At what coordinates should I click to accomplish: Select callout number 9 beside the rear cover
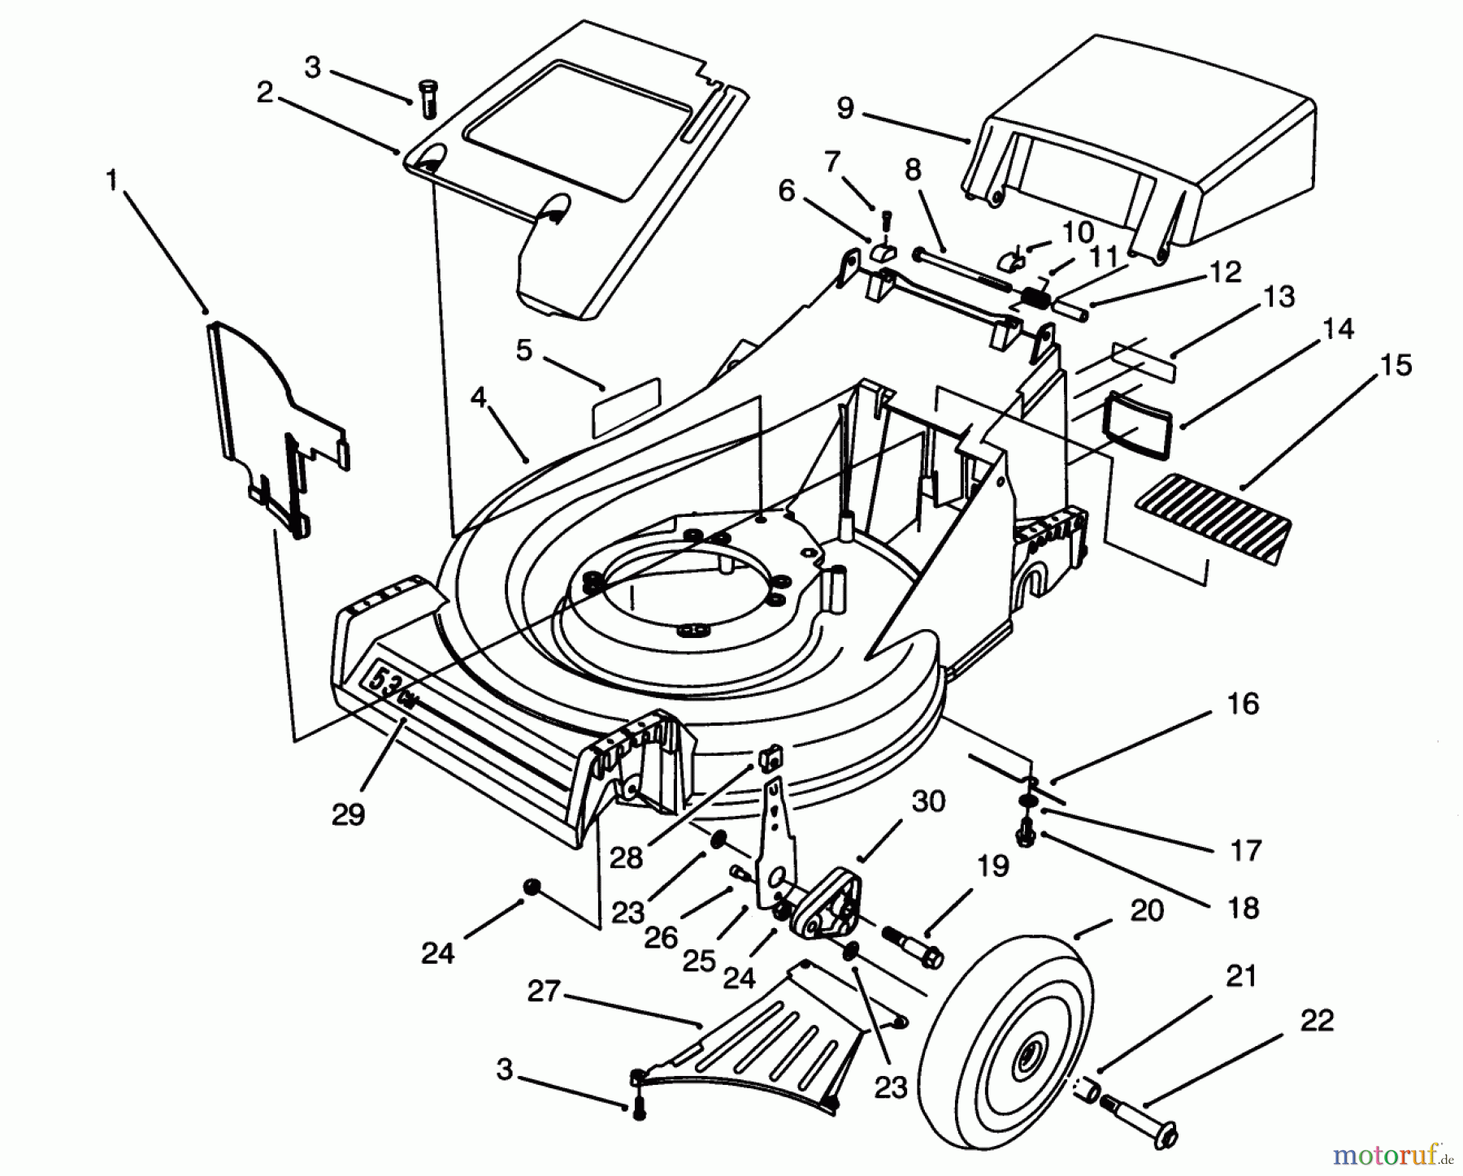click(845, 107)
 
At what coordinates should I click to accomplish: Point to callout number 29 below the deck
click(349, 814)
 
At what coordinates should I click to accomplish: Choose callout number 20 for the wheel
click(1146, 910)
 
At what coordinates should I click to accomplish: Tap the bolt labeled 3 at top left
click(428, 98)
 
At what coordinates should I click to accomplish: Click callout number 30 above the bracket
click(928, 801)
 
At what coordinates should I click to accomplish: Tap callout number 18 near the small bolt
click(1244, 907)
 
